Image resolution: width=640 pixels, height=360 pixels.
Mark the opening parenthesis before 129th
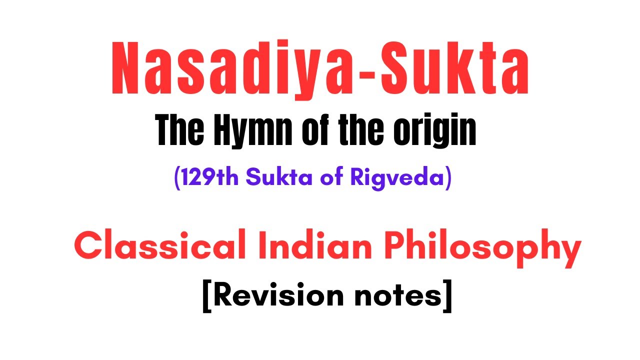(177, 178)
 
